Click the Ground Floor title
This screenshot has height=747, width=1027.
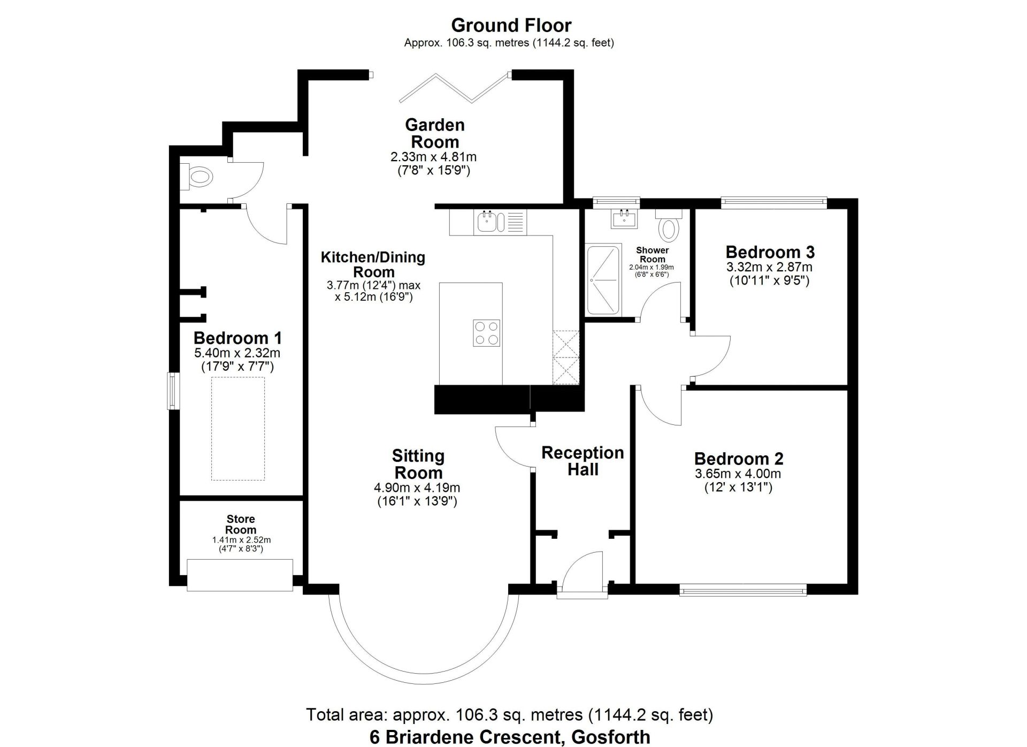tap(511, 25)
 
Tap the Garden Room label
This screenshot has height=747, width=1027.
tap(434, 133)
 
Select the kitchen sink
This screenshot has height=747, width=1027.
tap(488, 222)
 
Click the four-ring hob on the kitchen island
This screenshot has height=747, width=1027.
tap(486, 333)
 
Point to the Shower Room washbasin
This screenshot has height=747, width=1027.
tap(624, 218)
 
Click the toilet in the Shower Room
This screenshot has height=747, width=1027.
tap(669, 226)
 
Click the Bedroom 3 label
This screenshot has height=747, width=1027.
tap(770, 251)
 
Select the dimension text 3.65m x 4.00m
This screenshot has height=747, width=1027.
tap(738, 474)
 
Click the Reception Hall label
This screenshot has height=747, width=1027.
tap(583, 461)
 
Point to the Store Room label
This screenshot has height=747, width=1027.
tap(240, 524)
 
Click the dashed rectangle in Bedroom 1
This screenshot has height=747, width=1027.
tap(237, 429)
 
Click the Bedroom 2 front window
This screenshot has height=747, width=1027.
tap(742, 591)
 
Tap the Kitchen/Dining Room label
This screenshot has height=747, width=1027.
tap(373, 264)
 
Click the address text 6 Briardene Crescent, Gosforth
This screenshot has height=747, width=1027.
tap(509, 737)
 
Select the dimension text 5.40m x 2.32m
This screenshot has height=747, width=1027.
tap(237, 353)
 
